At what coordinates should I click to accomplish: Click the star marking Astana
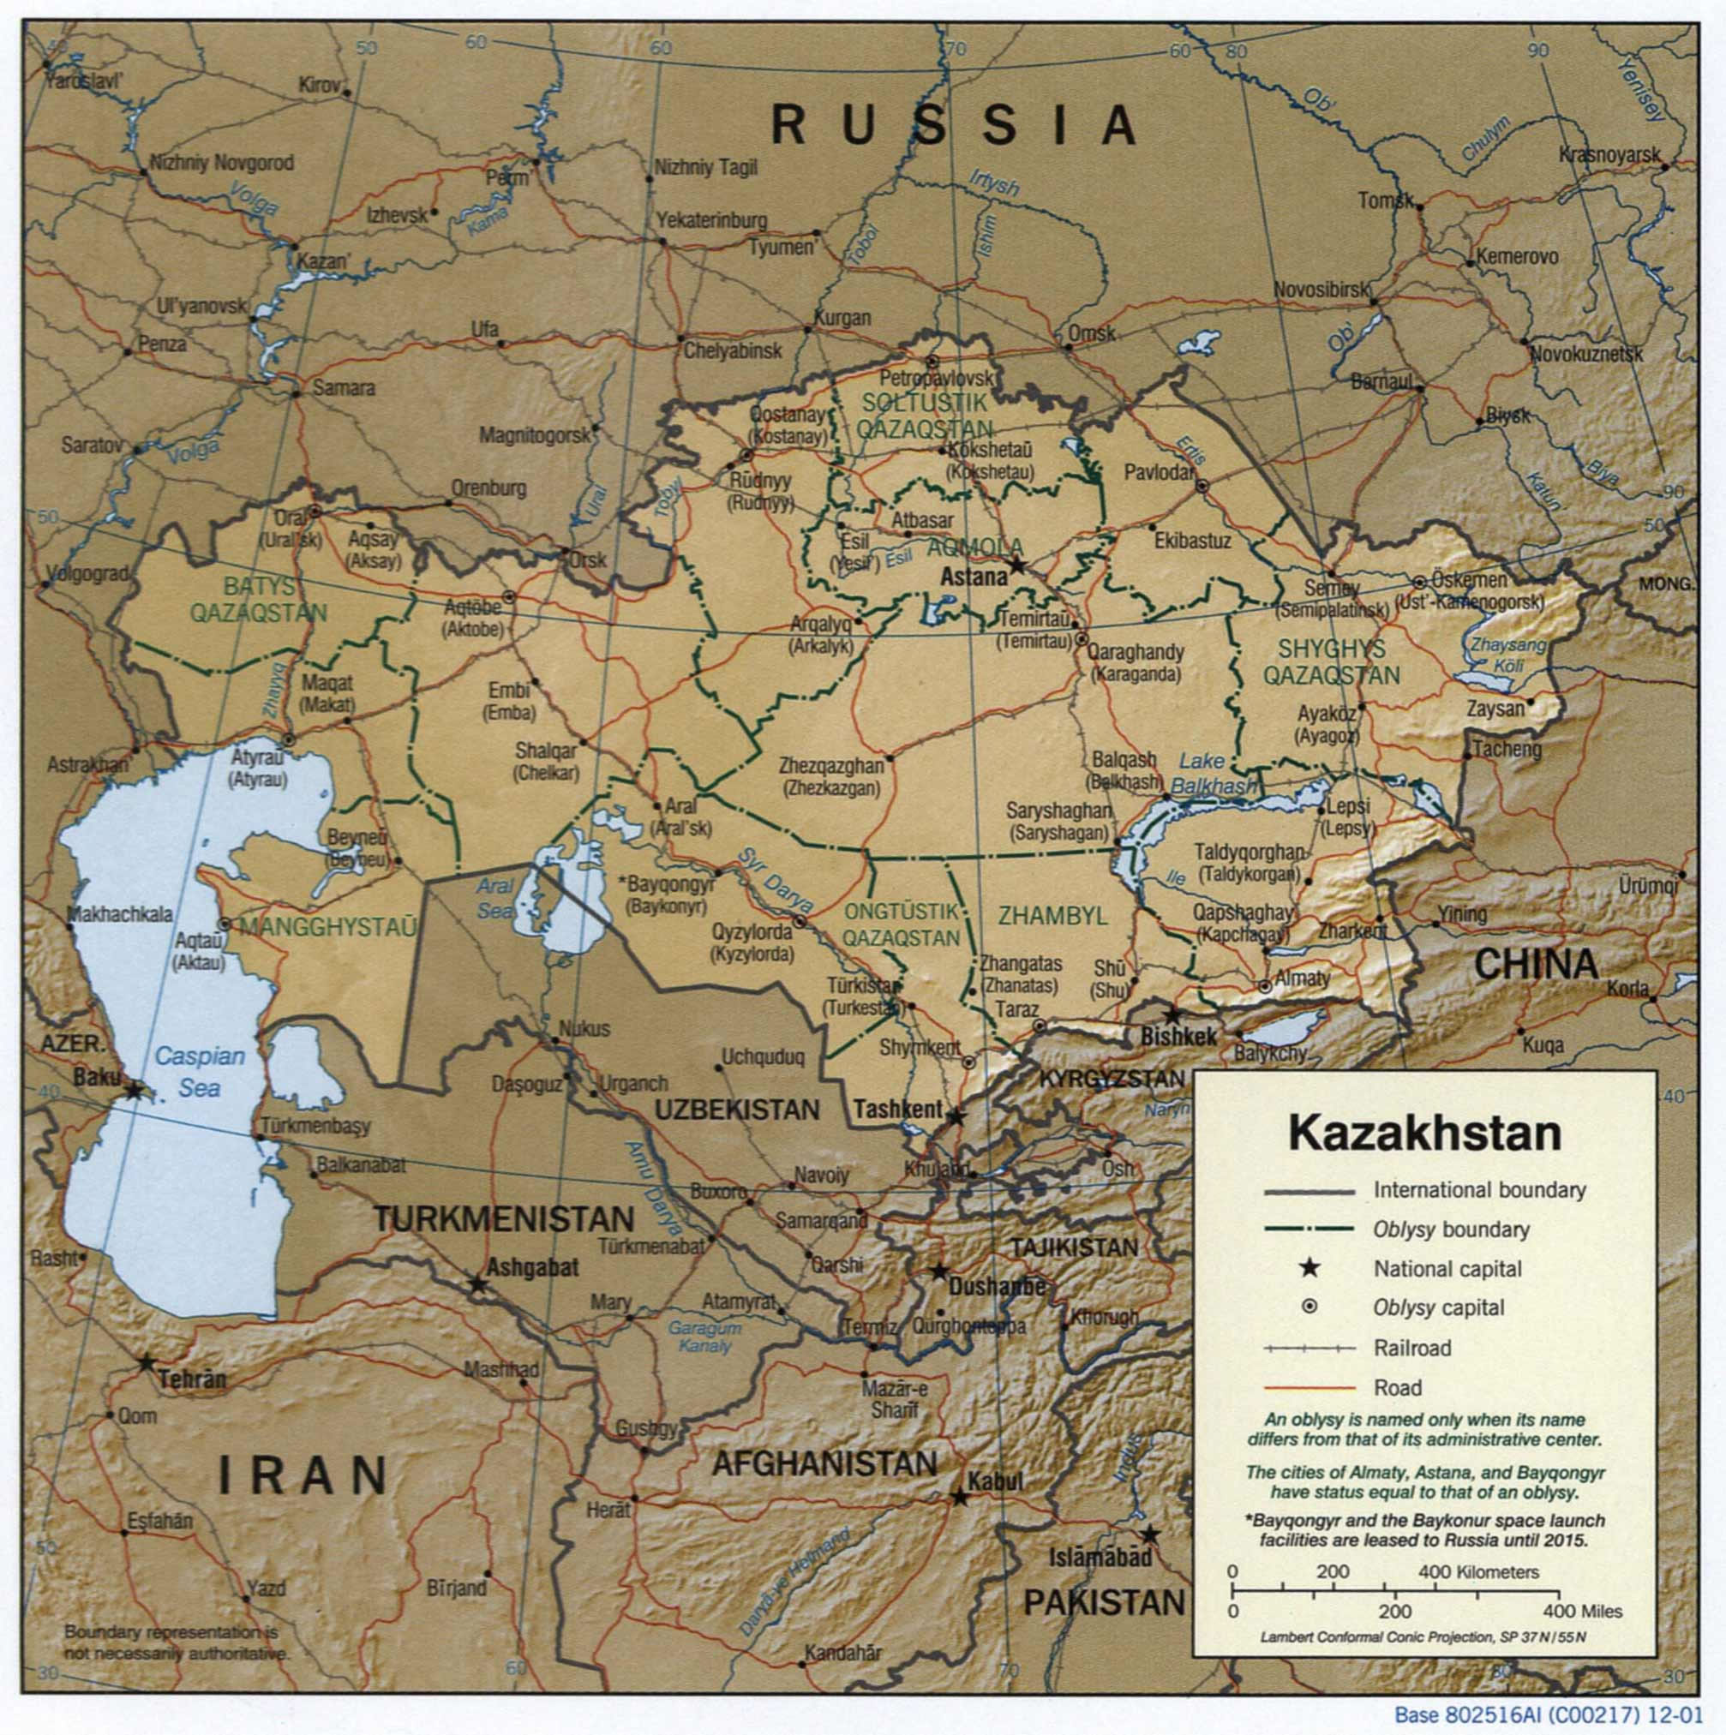1016,565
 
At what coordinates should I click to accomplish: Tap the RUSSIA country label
955,125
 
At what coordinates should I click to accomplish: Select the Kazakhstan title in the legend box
1424,1134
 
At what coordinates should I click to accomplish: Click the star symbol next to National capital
1309,1268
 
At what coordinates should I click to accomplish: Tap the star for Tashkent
956,1116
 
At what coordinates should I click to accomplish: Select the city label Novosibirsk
1321,290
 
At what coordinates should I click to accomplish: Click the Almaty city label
1301,978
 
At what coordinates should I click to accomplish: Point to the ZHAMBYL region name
1052,916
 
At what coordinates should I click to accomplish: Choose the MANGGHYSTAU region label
329,926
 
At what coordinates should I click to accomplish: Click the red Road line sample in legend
1309,1387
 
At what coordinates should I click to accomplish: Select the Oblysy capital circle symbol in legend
1309,1307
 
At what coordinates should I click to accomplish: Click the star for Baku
135,1090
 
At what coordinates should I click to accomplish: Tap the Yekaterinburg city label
711,220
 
